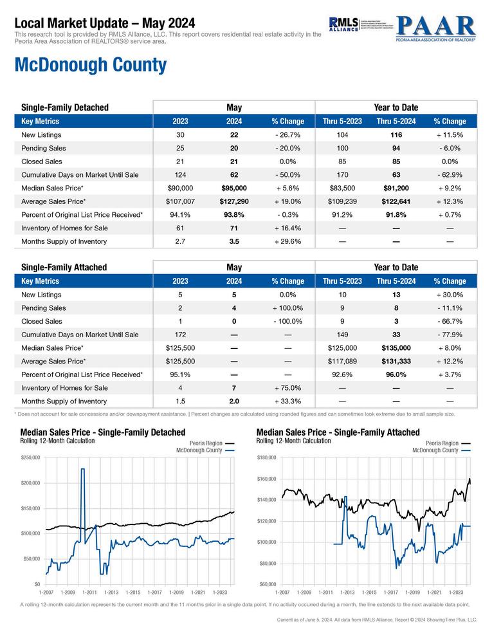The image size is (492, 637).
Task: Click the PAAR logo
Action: pos(435,28)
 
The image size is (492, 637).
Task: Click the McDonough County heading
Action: pos(90,65)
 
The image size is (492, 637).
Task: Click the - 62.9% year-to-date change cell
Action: pos(450,175)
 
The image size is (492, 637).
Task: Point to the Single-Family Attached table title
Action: pos(64,267)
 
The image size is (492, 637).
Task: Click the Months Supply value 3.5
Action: pos(234,241)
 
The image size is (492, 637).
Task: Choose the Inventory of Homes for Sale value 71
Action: pos(234,228)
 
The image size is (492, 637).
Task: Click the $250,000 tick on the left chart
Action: pos(30,457)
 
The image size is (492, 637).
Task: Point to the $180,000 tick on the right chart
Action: pos(266,457)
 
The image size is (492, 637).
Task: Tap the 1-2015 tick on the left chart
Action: pos(133,591)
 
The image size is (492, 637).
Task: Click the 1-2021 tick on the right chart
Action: pos(434,591)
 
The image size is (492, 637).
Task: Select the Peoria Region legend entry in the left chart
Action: pos(206,443)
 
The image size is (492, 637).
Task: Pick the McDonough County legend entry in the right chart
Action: pos(435,450)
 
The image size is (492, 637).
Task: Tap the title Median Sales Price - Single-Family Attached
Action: pos(338,432)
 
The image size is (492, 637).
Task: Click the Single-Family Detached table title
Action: pos(65,107)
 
